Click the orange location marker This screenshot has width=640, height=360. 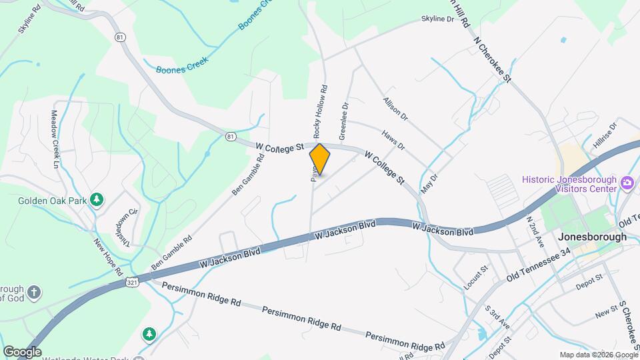[x=320, y=159]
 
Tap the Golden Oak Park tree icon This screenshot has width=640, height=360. [x=97, y=199]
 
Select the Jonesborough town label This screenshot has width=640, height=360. [x=593, y=237]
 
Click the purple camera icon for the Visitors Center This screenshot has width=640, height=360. [x=627, y=183]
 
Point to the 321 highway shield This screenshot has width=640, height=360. [x=131, y=283]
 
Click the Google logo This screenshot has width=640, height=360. [x=22, y=352]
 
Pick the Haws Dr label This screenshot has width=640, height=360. [x=393, y=140]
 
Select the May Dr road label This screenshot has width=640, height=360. [x=428, y=184]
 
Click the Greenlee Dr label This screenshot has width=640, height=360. [x=343, y=121]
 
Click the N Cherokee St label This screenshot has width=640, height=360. [x=492, y=59]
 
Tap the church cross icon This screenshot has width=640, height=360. [x=34, y=291]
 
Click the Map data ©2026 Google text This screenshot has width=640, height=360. [x=598, y=355]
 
